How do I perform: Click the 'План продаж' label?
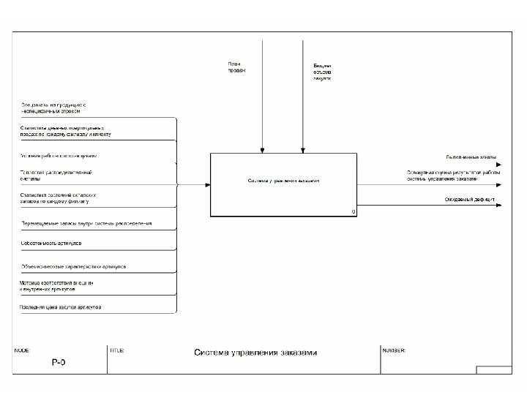pyautogui.click(x=236, y=67)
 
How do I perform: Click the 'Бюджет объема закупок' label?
pyautogui.click(x=322, y=71)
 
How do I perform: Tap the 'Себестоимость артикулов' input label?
pyautogui.click(x=51, y=242)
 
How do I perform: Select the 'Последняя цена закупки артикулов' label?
pyautogui.click(x=61, y=307)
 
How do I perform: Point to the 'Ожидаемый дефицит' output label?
pyautogui.click(x=470, y=200)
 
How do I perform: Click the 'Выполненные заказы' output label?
pyautogui.click(x=471, y=157)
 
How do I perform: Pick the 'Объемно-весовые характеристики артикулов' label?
pyautogui.click(x=73, y=266)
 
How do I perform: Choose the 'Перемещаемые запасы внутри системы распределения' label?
pyautogui.click(x=86, y=222)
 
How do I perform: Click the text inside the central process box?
pyautogui.click(x=283, y=180)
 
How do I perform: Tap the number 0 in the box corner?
pyautogui.click(x=353, y=211)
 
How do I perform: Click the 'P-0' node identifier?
pyautogui.click(x=59, y=363)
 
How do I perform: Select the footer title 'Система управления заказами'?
pyautogui.click(x=255, y=353)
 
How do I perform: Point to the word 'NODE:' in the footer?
pyautogui.click(x=23, y=350)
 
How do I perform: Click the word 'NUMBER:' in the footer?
pyautogui.click(x=394, y=350)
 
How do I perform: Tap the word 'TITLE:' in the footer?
pyautogui.click(x=116, y=350)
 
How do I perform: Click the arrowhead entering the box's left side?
pyautogui.click(x=207, y=184)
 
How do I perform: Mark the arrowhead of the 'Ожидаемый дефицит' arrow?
pyautogui.click(x=498, y=205)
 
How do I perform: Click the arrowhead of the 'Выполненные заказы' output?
pyautogui.click(x=498, y=165)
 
